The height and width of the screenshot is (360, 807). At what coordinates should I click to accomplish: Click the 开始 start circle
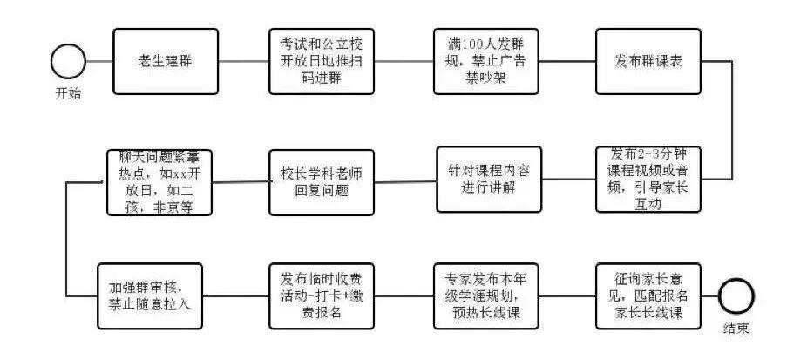(68, 62)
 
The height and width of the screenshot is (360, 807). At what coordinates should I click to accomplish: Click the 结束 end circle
(735, 296)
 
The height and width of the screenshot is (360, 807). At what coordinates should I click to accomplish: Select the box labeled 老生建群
(166, 62)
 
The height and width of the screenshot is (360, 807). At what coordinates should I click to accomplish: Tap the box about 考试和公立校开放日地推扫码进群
(322, 62)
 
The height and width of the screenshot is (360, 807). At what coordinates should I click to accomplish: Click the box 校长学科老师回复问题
(322, 181)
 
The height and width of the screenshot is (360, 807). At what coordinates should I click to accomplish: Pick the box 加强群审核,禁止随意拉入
(150, 296)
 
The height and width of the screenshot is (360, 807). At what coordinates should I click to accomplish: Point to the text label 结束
(736, 329)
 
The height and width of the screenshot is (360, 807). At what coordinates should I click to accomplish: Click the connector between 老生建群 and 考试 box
(243, 62)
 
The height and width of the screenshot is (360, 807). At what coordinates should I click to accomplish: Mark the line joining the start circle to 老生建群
(99, 62)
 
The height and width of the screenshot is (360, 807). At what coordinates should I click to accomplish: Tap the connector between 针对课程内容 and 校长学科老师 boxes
(405, 181)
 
